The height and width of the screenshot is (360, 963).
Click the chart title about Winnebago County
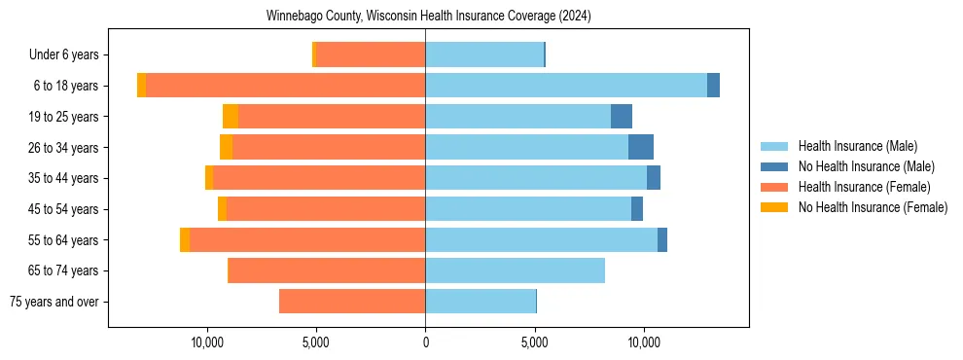pyautogui.click(x=428, y=17)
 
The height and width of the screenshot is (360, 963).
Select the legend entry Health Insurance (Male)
pyautogui.click(x=856, y=146)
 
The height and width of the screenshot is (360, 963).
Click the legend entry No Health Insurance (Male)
pyautogui.click(x=866, y=166)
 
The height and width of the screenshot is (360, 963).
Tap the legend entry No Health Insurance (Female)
pyautogui.click(x=872, y=207)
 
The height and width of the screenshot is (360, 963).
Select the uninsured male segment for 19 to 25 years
pyautogui.click(x=622, y=117)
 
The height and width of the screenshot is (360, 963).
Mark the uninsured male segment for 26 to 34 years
pyautogui.click(x=641, y=147)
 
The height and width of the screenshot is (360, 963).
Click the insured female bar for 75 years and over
pyautogui.click(x=352, y=302)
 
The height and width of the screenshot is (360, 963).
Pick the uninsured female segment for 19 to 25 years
pyautogui.click(x=231, y=117)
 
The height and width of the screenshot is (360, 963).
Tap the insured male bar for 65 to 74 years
pyautogui.click(x=515, y=270)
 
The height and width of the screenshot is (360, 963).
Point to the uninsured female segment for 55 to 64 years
pyautogui.click(x=185, y=239)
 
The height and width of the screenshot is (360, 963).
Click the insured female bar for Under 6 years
pyautogui.click(x=371, y=55)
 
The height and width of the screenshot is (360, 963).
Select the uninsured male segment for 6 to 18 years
pyautogui.click(x=713, y=86)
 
